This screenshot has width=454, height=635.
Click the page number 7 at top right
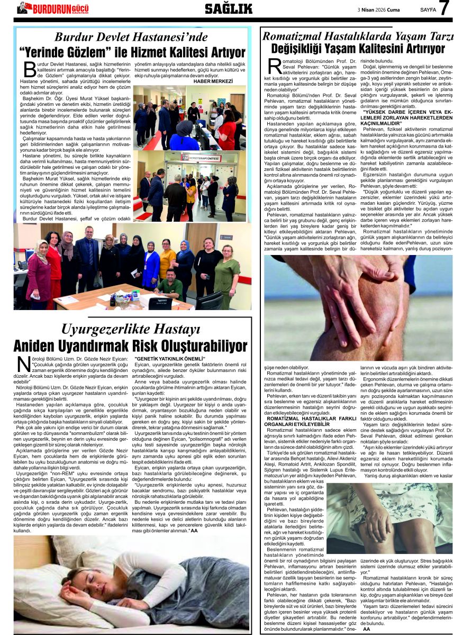[x=444, y=8]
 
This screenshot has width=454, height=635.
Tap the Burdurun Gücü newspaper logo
[x=52, y=8]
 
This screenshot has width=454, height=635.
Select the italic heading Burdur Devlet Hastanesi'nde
[x=131, y=37]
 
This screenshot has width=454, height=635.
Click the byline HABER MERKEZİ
[x=213, y=81]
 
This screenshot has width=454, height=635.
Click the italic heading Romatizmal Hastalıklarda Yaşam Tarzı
[x=358, y=37]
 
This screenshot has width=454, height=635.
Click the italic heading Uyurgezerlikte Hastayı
[x=131, y=329]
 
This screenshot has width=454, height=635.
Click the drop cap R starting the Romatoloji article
[x=275, y=66]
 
